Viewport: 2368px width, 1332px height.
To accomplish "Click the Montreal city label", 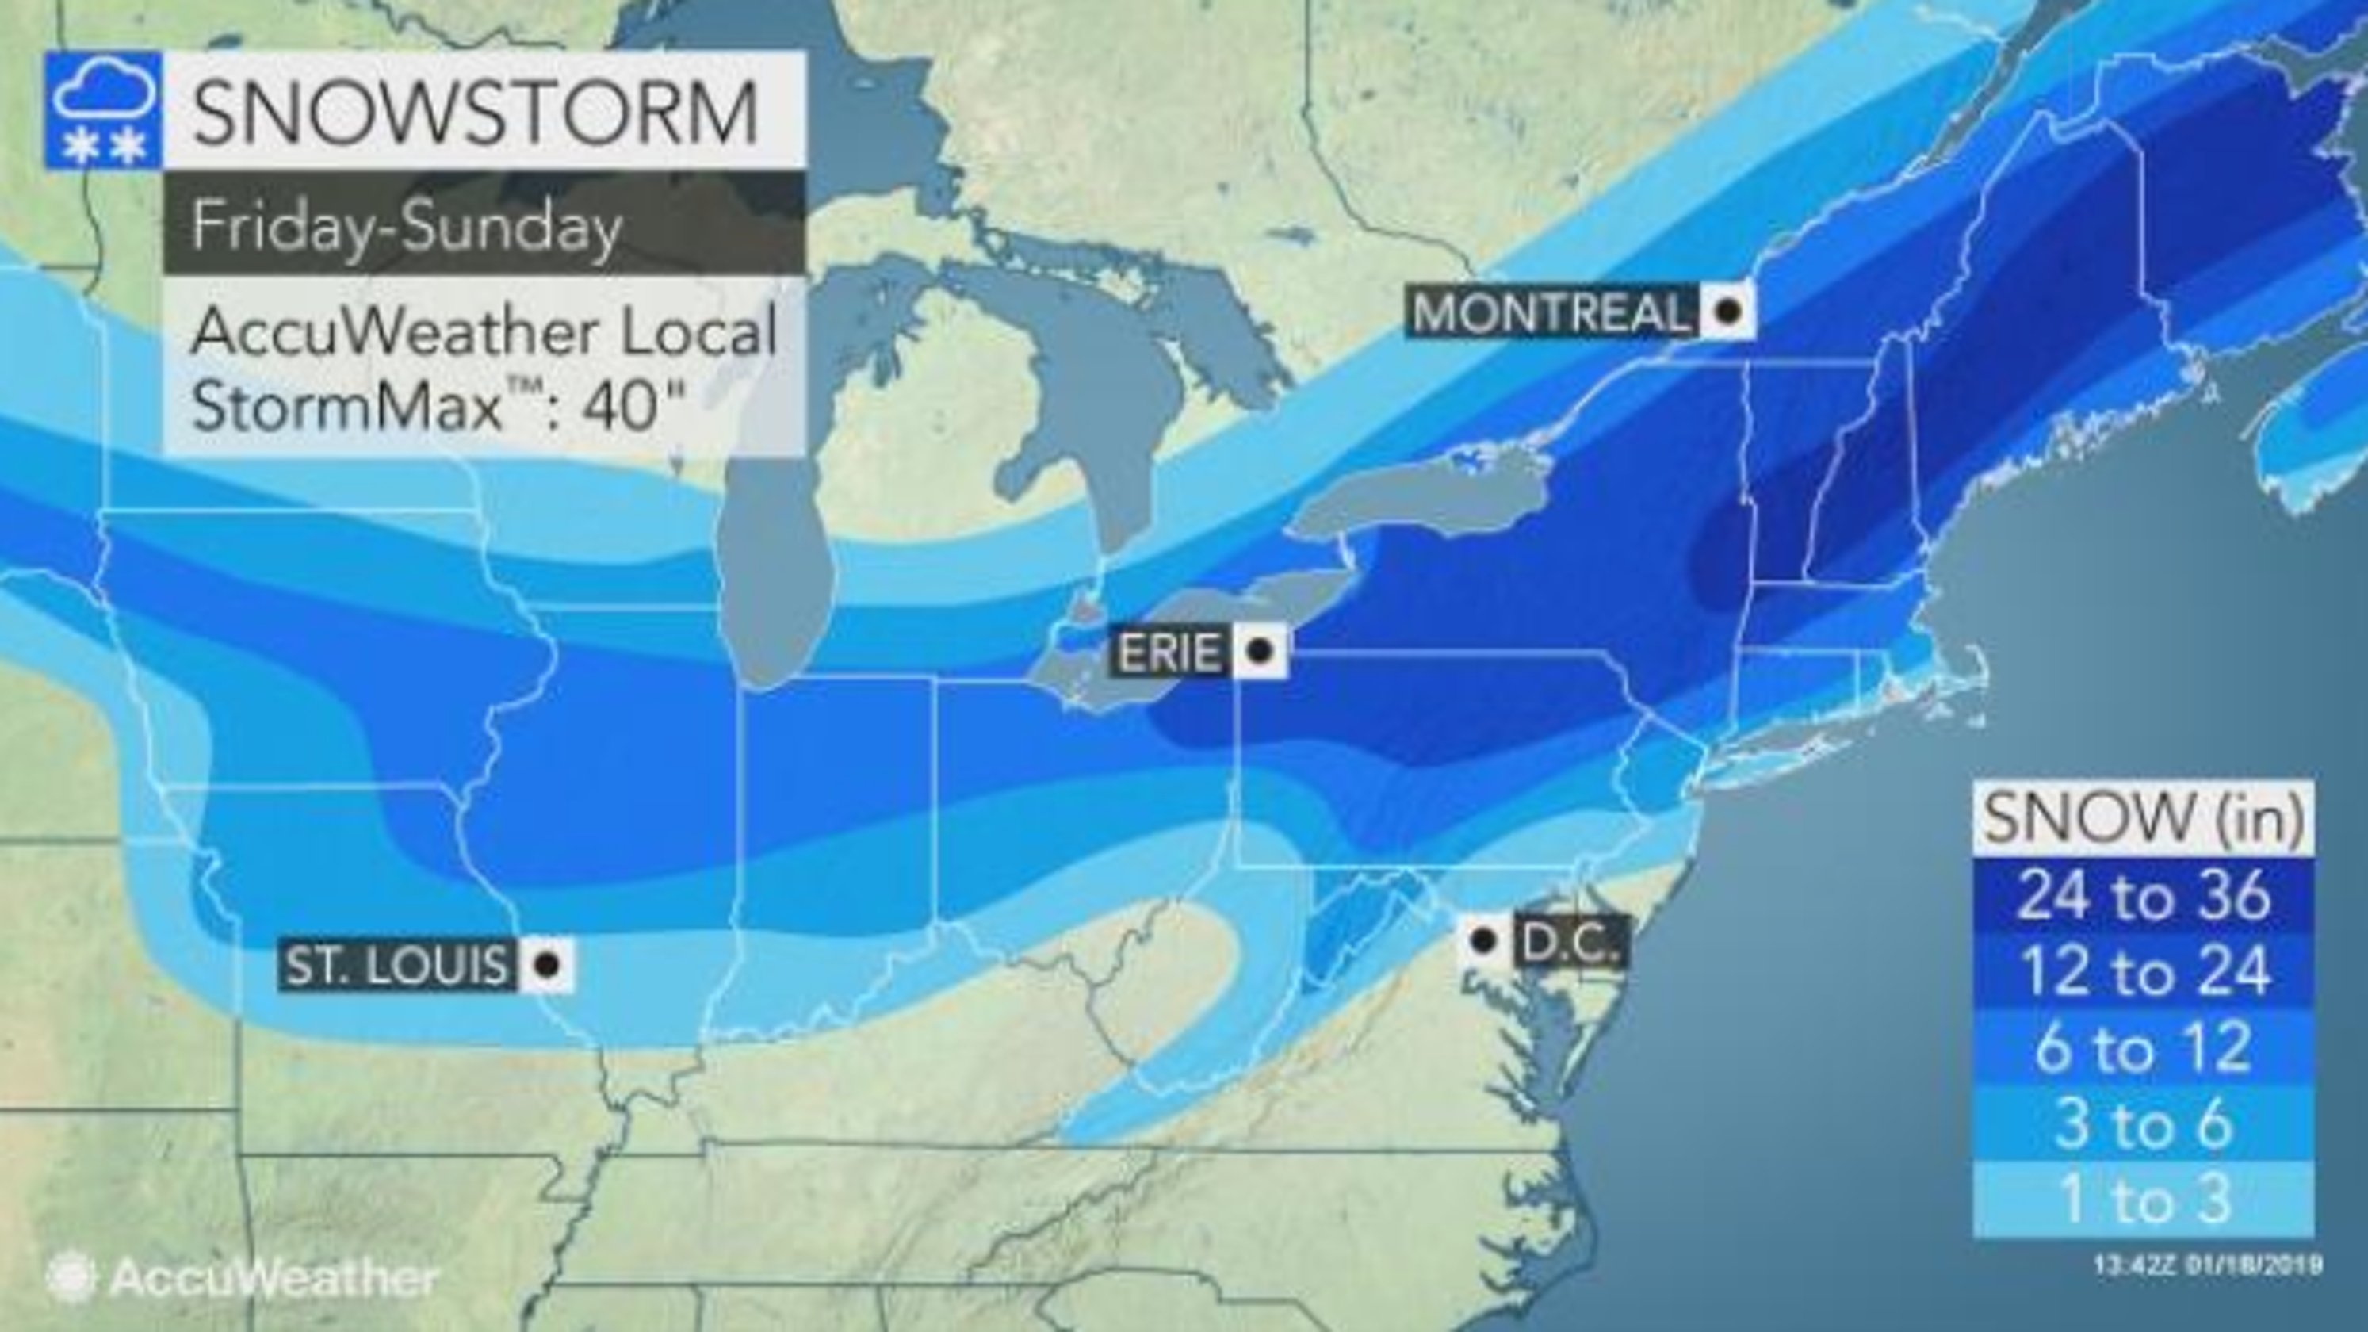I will [x=1550, y=312].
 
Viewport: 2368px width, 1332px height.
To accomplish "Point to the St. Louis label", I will [x=396, y=965].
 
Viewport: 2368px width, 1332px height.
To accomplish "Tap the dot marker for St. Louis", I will [x=547, y=965].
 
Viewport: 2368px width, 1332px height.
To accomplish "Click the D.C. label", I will [x=1568, y=940].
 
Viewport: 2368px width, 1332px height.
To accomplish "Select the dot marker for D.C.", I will [x=1482, y=940].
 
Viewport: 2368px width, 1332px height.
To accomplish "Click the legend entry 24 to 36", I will [x=2143, y=895].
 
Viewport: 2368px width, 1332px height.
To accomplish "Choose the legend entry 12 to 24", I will [x=2143, y=972].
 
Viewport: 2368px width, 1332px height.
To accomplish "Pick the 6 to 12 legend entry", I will [x=2143, y=1048].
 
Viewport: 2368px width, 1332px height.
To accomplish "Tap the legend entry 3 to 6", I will [x=2143, y=1123].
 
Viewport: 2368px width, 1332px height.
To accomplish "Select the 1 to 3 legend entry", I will [x=2143, y=1199].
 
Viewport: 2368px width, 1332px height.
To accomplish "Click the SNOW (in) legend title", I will [x=2143, y=817].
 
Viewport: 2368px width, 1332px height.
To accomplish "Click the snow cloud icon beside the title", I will [x=103, y=111].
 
